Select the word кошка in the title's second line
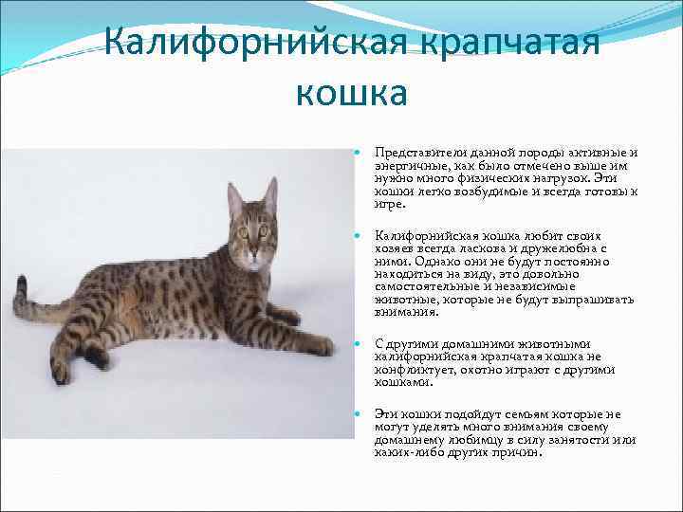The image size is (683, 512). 352,91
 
